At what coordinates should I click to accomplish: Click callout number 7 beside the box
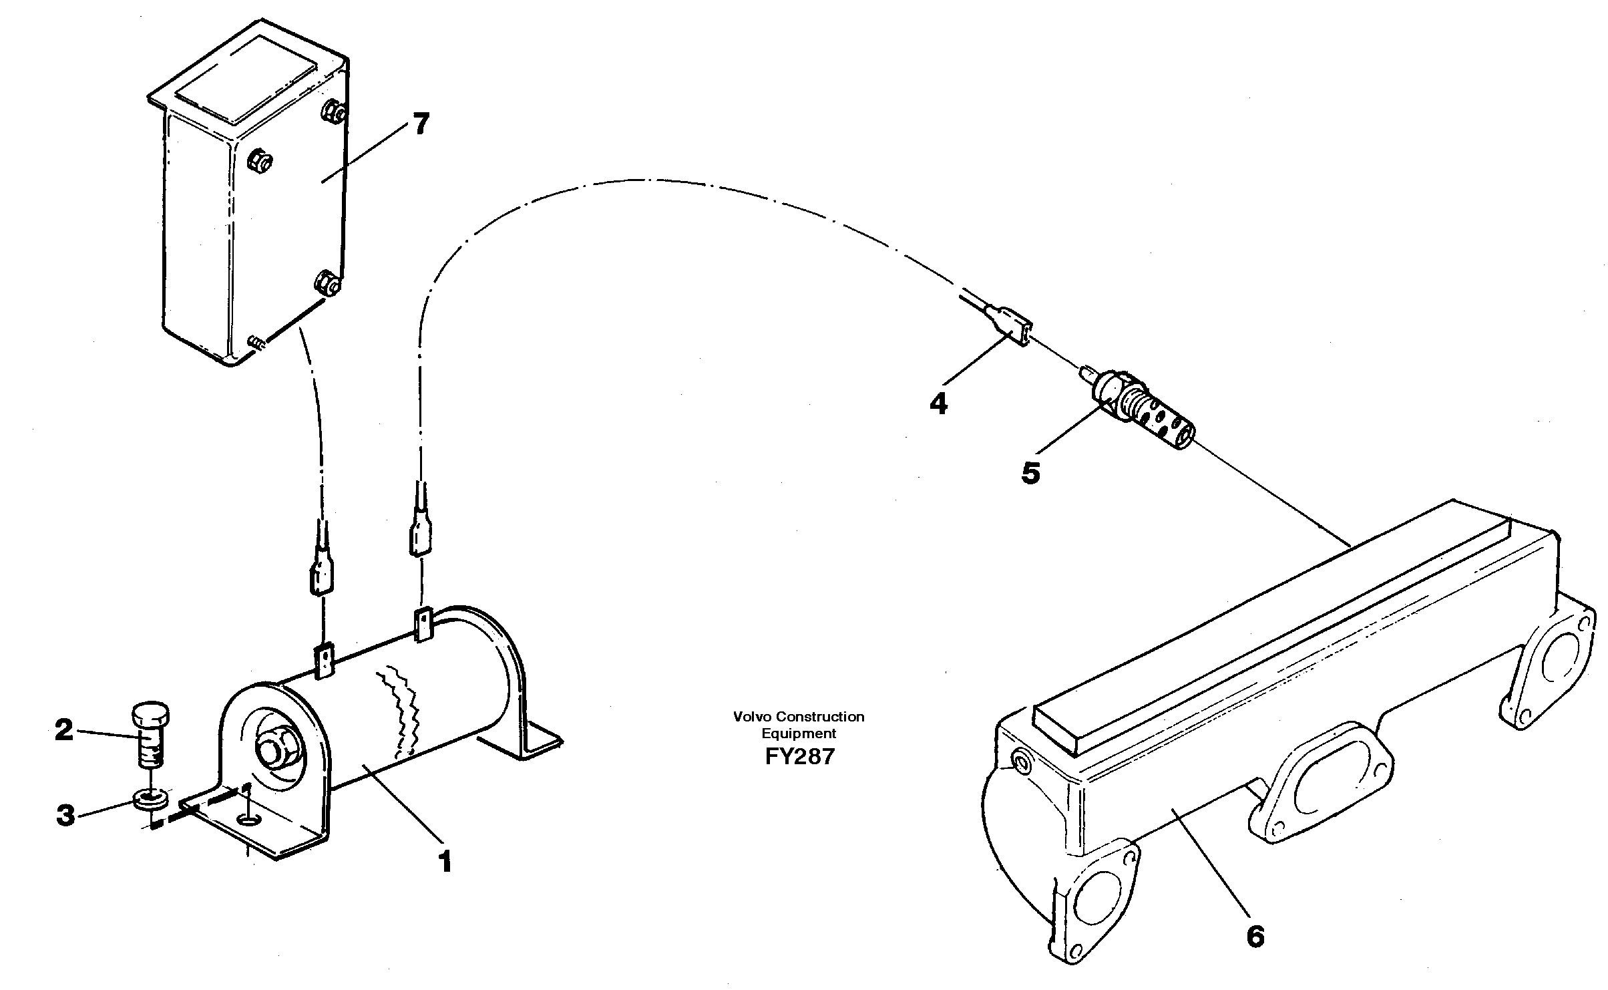[421, 125]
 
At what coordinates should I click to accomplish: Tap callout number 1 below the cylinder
[445, 862]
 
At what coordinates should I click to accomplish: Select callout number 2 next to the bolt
[64, 730]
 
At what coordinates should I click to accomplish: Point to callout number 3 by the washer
[65, 815]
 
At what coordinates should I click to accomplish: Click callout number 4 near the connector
[938, 403]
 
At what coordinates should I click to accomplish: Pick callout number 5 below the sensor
[1030, 473]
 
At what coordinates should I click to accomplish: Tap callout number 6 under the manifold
[1255, 937]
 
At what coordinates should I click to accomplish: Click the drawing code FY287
[799, 757]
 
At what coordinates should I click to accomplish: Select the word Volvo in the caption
[748, 717]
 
